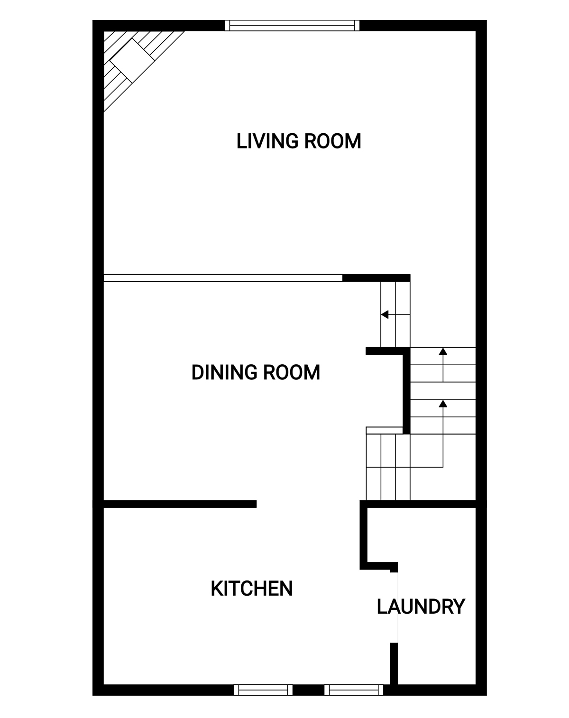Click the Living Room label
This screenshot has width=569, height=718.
pos(299,141)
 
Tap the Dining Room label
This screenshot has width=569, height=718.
pos(256,372)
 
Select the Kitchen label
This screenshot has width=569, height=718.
pos(252,589)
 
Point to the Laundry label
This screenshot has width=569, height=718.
pos(421,607)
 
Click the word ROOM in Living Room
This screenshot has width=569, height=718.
pos(333,141)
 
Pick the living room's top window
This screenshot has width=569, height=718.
pos(292,25)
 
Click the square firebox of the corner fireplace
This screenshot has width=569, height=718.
pos(132,60)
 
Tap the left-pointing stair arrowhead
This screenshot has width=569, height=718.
pos(385,314)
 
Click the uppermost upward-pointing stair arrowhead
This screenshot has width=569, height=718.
pos(443,351)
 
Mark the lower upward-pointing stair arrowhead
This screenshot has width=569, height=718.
pos(443,404)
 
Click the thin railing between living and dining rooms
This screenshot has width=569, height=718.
pos(223,278)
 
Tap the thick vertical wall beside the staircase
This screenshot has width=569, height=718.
pos(406,391)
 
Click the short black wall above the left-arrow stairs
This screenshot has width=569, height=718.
pos(376,278)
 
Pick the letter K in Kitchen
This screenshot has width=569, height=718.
pos(216,589)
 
